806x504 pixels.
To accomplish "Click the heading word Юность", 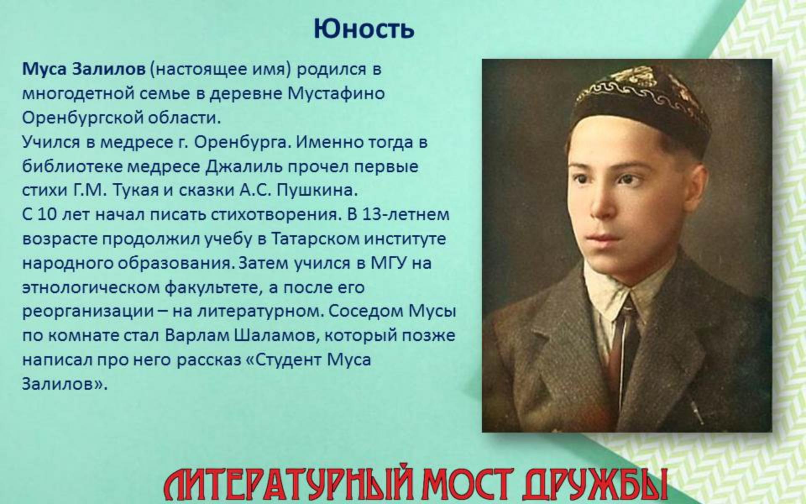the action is click(364, 29).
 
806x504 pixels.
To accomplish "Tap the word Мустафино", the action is click(336, 93).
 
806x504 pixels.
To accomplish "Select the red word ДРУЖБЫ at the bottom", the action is click(594, 484).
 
